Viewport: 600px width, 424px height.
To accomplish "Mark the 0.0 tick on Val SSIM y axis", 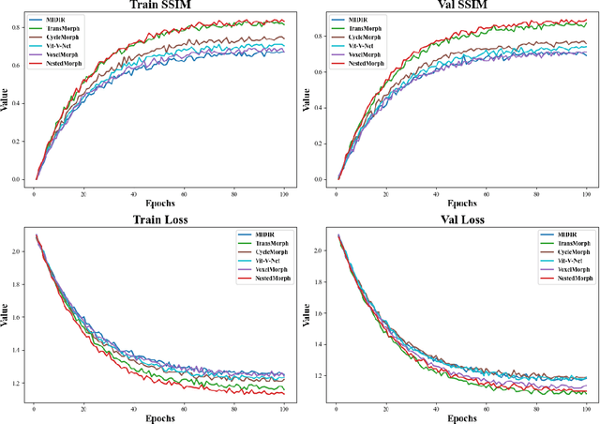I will tap(321, 179).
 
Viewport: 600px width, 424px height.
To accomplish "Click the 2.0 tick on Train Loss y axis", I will tap(18, 251).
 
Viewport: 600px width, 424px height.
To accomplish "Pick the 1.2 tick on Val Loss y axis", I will tap(321, 375).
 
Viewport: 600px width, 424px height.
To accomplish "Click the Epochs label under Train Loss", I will tap(159, 415).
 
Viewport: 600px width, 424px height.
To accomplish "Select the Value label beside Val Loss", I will tap(307, 317).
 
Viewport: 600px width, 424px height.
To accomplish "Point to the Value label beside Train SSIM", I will tap(5, 100).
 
